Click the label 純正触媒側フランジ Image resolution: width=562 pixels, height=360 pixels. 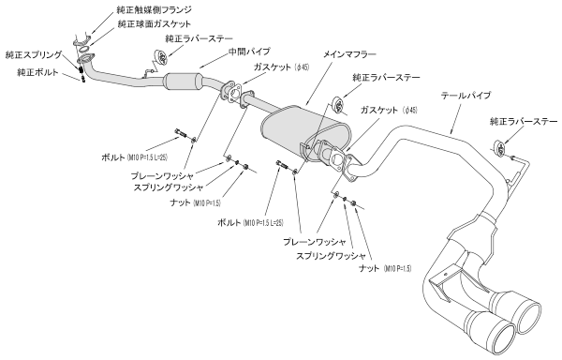[x=132, y=8]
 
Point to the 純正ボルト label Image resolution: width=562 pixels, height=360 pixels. [x=37, y=72]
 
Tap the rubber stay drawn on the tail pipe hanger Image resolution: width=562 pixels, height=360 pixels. [x=499, y=146]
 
